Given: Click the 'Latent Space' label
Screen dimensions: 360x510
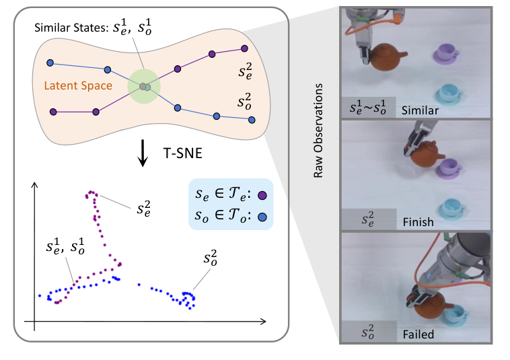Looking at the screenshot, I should tap(75, 86).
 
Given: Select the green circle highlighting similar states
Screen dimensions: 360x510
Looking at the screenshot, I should tap(145, 86).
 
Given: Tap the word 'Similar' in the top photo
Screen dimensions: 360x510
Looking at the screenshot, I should tap(418, 109).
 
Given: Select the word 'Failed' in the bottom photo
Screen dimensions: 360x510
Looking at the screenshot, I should tap(415, 333).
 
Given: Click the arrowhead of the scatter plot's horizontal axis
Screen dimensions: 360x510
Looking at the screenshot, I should tap(261, 322).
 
